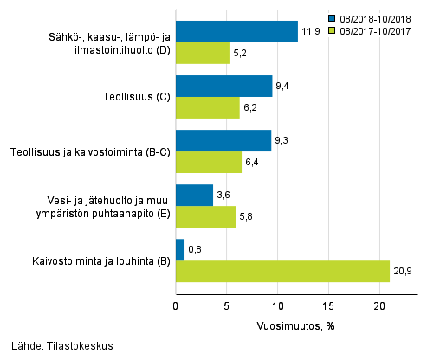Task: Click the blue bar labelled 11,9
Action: point(236,32)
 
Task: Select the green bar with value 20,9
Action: point(282,271)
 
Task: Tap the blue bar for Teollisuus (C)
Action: point(223,86)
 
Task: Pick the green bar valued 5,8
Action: point(205,217)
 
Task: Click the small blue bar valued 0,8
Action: point(180,250)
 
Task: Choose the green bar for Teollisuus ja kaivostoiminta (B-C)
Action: point(208,162)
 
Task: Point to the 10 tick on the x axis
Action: point(277,305)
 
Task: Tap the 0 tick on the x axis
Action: point(176,305)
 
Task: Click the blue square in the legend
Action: point(333,16)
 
